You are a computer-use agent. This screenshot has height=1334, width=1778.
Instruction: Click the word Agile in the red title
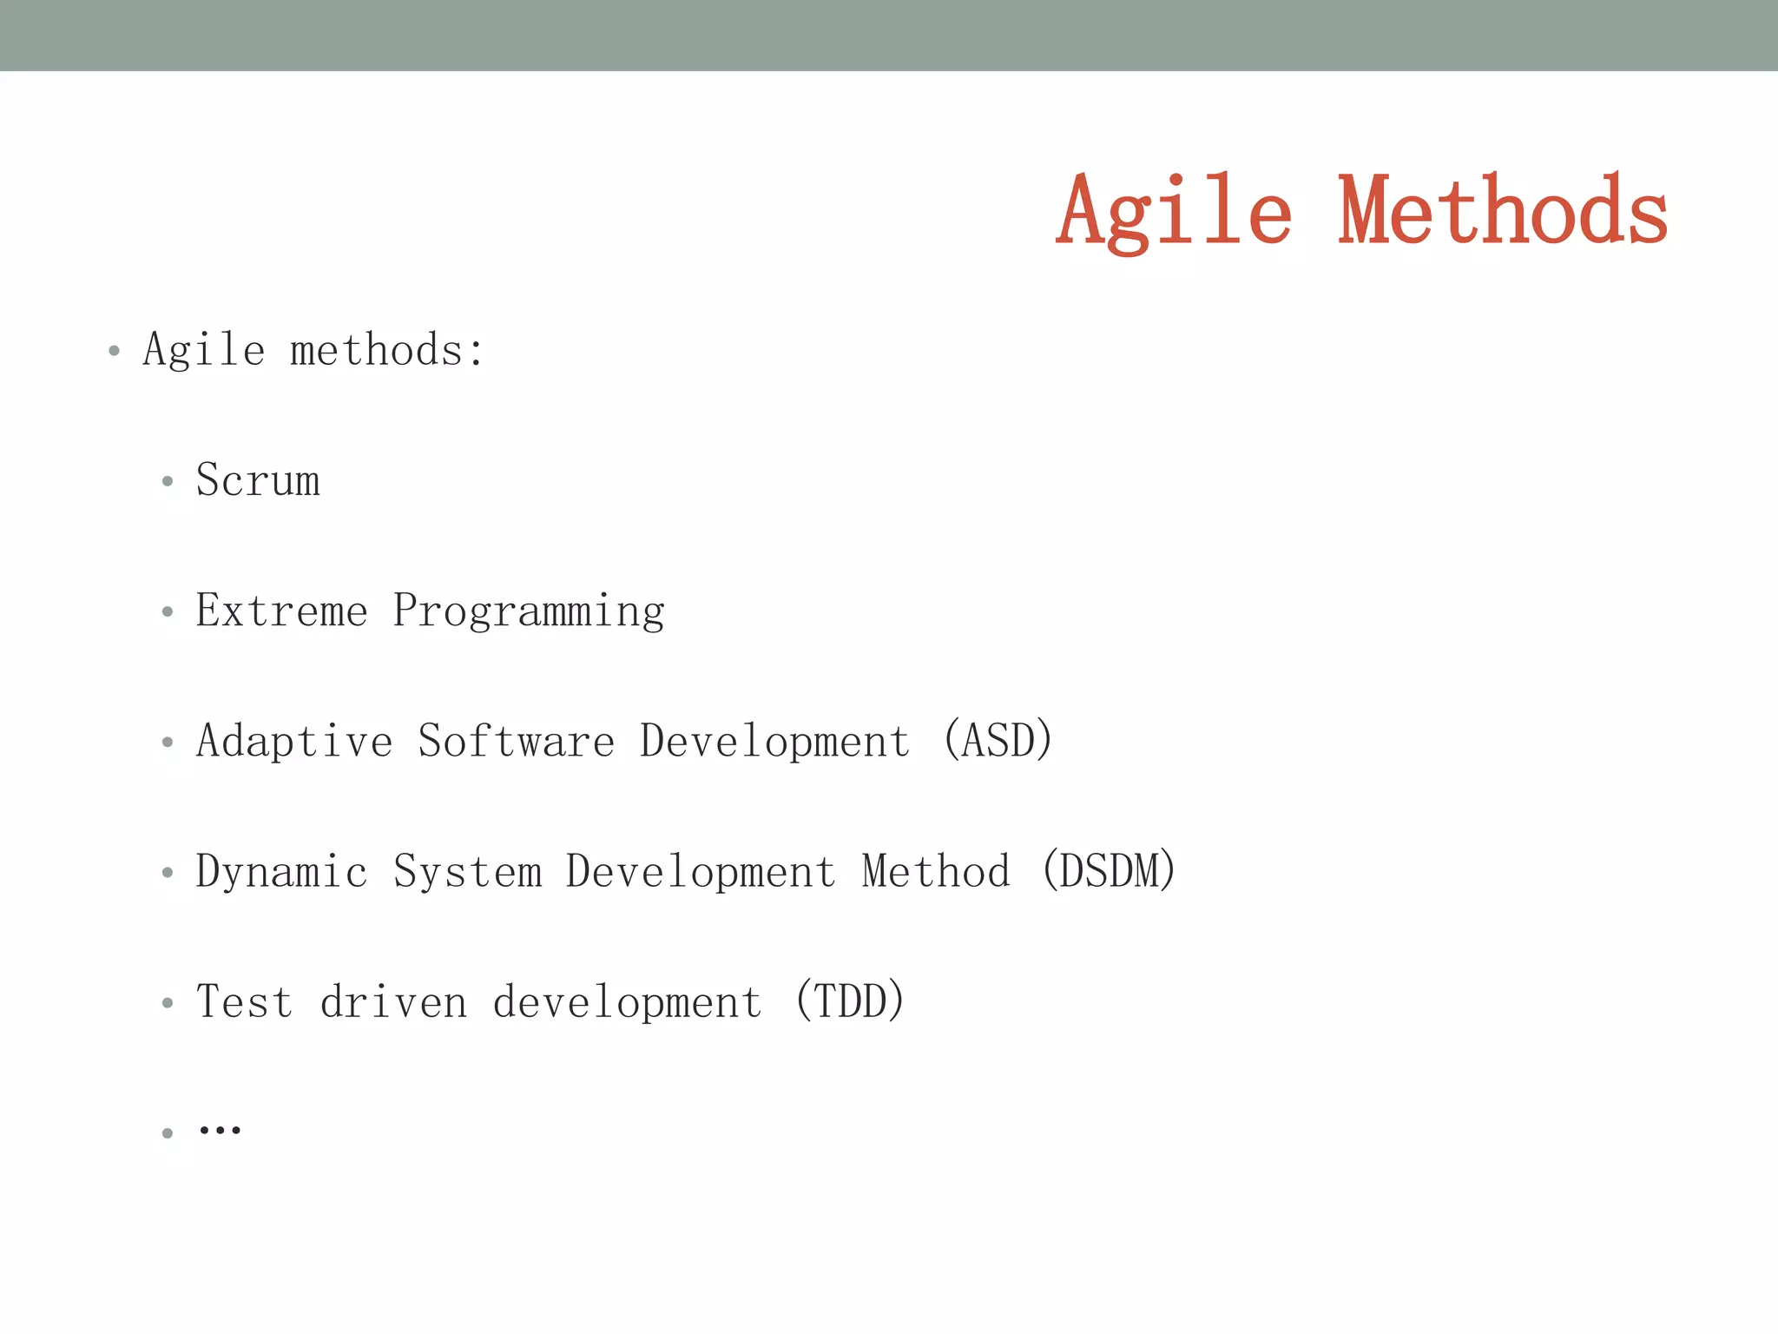coord(1174,213)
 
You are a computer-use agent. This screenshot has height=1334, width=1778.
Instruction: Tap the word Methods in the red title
coord(1503,210)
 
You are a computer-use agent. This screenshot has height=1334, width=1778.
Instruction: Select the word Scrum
coord(258,480)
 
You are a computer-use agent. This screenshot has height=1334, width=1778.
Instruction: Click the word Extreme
coord(281,611)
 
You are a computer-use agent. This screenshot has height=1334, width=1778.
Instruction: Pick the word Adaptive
coord(294,742)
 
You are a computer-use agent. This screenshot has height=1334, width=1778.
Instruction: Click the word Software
coord(516,742)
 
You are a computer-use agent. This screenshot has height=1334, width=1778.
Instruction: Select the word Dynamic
coord(281,872)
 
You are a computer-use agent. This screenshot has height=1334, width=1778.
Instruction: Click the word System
coord(467,872)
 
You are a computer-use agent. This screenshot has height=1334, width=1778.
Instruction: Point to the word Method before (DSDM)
coord(936,871)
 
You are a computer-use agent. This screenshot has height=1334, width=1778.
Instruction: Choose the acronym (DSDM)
coord(1109,871)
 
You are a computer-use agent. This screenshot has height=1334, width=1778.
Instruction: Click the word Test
coord(244,1001)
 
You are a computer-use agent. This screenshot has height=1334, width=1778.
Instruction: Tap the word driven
coord(393,1001)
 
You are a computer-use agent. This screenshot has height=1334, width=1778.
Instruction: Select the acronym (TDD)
coord(850,1001)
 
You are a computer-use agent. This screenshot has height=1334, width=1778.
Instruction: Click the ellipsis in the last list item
coord(220,1130)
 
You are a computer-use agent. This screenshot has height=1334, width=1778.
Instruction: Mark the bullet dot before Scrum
coord(168,481)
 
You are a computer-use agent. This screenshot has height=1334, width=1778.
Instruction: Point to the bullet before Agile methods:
coord(114,351)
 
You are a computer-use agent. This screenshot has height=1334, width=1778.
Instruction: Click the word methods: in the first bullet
coord(387,351)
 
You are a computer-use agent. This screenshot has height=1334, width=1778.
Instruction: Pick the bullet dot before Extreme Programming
coord(168,611)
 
